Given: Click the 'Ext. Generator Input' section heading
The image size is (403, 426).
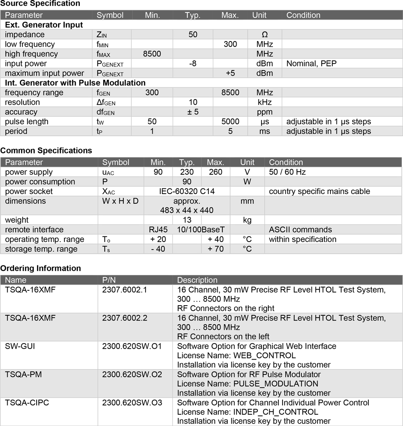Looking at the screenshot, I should pyautogui.click(x=44, y=25).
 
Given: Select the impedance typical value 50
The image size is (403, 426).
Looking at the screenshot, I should pyautogui.click(x=193, y=35).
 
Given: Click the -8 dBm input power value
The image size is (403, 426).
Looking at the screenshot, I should pyautogui.click(x=193, y=64).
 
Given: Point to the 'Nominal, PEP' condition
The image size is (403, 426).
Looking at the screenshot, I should pyautogui.click(x=311, y=64).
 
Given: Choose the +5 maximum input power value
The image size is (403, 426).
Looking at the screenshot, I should pyautogui.click(x=230, y=73).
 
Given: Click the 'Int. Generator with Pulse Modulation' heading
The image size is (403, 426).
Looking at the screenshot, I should pyautogui.click(x=75, y=83).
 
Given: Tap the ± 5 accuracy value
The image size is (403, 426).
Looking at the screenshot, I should pyautogui.click(x=193, y=112).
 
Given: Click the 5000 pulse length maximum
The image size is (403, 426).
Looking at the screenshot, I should pyautogui.click(x=230, y=122).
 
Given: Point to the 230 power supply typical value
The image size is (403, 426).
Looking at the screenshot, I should pyautogui.click(x=187, y=172).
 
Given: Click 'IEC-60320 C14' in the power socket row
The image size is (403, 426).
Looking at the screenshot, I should pyautogui.click(x=187, y=191).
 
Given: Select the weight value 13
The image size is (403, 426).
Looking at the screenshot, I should pyautogui.click(x=187, y=220).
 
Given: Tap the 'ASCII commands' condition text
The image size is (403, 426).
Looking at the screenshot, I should pyautogui.click(x=300, y=230).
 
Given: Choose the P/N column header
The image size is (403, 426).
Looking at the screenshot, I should pyautogui.click(x=109, y=280).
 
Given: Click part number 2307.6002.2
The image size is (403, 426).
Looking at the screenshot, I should pyautogui.click(x=125, y=318).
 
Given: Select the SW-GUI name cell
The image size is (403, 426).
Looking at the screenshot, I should pyautogui.click(x=20, y=346).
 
